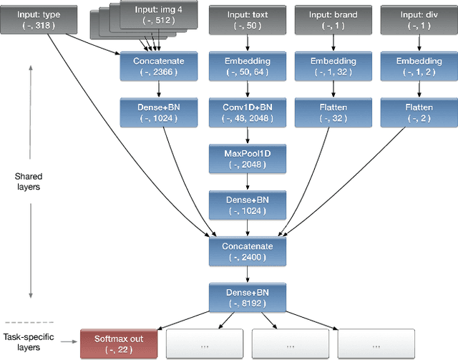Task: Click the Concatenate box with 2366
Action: (158, 67)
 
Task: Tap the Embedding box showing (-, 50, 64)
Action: (247, 67)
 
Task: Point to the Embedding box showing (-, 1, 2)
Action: (414, 67)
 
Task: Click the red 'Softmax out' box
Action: (118, 343)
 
